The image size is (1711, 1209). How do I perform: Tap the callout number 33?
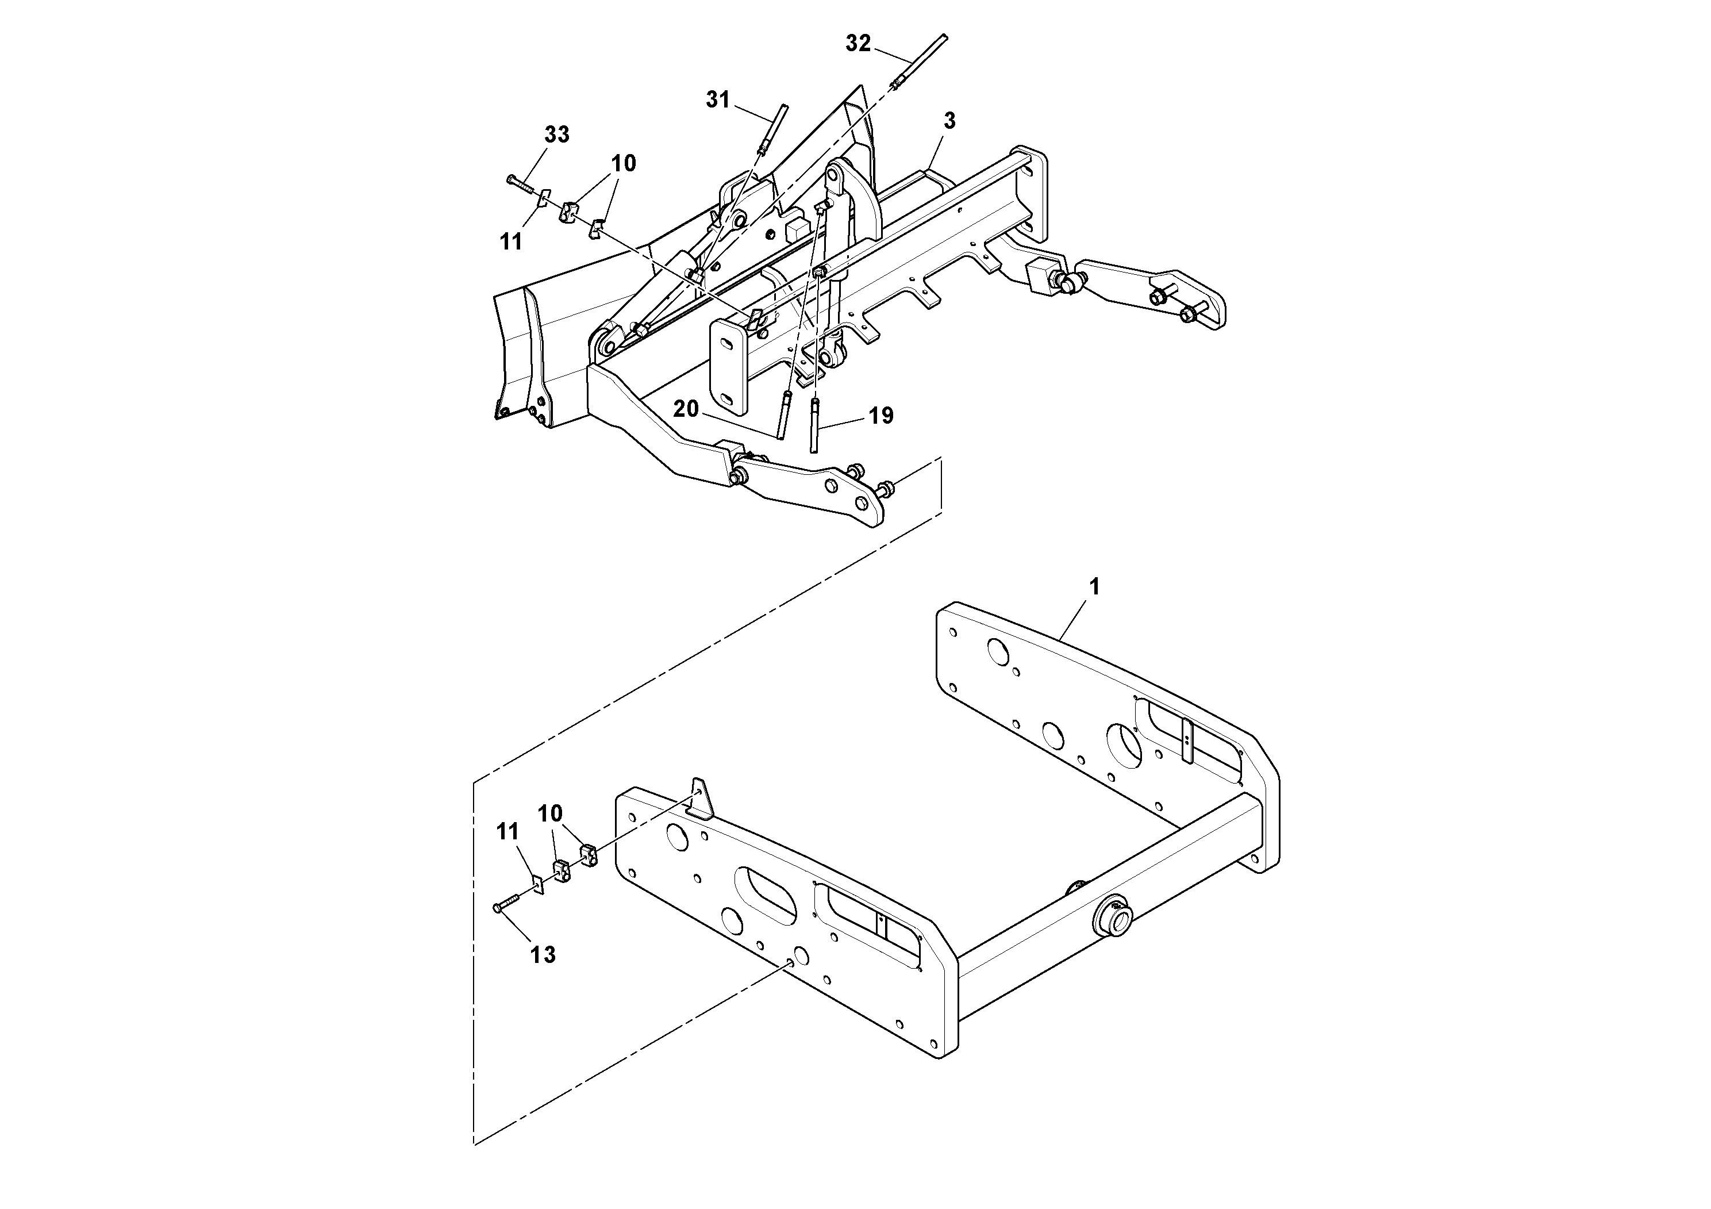point(557,135)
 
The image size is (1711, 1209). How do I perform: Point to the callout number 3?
point(949,121)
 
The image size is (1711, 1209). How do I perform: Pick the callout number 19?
point(881,416)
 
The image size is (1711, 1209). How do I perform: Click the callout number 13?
point(543,954)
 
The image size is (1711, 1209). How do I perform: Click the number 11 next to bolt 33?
point(510,241)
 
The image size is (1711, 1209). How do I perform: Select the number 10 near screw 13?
point(550,813)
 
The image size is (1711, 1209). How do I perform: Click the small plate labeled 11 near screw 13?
point(537,885)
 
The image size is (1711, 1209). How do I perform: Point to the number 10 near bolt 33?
point(624,163)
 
